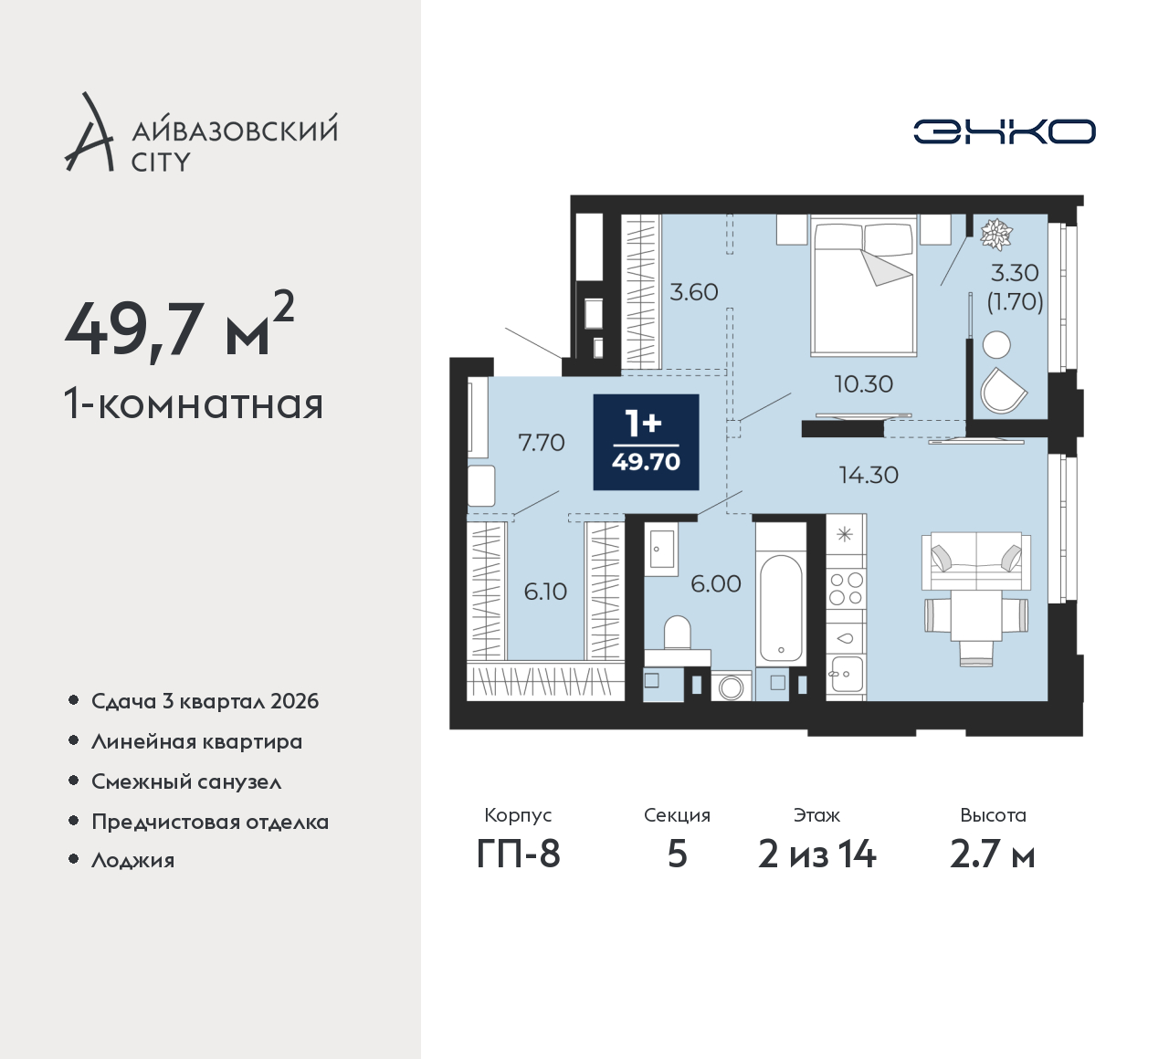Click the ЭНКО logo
pyautogui.click(x=1004, y=131)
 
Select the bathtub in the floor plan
pyautogui.click(x=781, y=608)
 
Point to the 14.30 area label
pyautogui.click(x=869, y=476)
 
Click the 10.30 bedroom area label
pyautogui.click(x=864, y=384)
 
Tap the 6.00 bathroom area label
pyautogui.click(x=716, y=583)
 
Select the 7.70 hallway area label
pyautogui.click(x=542, y=443)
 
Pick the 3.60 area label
pyautogui.click(x=693, y=292)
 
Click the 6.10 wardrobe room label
pyautogui.click(x=545, y=592)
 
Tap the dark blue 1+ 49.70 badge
pyautogui.click(x=646, y=442)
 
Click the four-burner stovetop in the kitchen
pyautogui.click(x=847, y=588)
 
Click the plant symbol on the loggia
pyautogui.click(x=996, y=235)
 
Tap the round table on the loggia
pyautogui.click(x=996, y=345)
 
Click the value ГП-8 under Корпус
pyautogui.click(x=518, y=855)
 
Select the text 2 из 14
pyautogui.click(x=817, y=855)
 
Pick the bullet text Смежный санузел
pyautogui.click(x=186, y=782)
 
